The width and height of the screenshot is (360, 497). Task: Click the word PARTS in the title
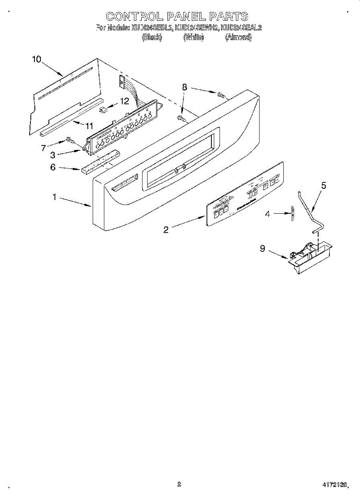[229, 17]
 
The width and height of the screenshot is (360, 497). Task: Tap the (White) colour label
[193, 37]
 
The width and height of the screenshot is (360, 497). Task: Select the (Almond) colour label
[238, 37]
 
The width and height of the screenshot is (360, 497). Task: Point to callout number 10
[36, 59]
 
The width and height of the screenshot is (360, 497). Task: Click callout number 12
[124, 101]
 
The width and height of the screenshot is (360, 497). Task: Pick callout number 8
[184, 87]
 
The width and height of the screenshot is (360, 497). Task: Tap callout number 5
[324, 186]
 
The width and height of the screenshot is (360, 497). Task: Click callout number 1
[54, 197]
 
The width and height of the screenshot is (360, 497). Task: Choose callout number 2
[166, 230]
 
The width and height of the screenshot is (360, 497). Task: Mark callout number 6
[53, 167]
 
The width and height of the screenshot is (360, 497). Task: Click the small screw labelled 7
[70, 140]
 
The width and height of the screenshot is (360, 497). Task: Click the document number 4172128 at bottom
[335, 484]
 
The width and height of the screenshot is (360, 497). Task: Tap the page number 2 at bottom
[179, 483]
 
